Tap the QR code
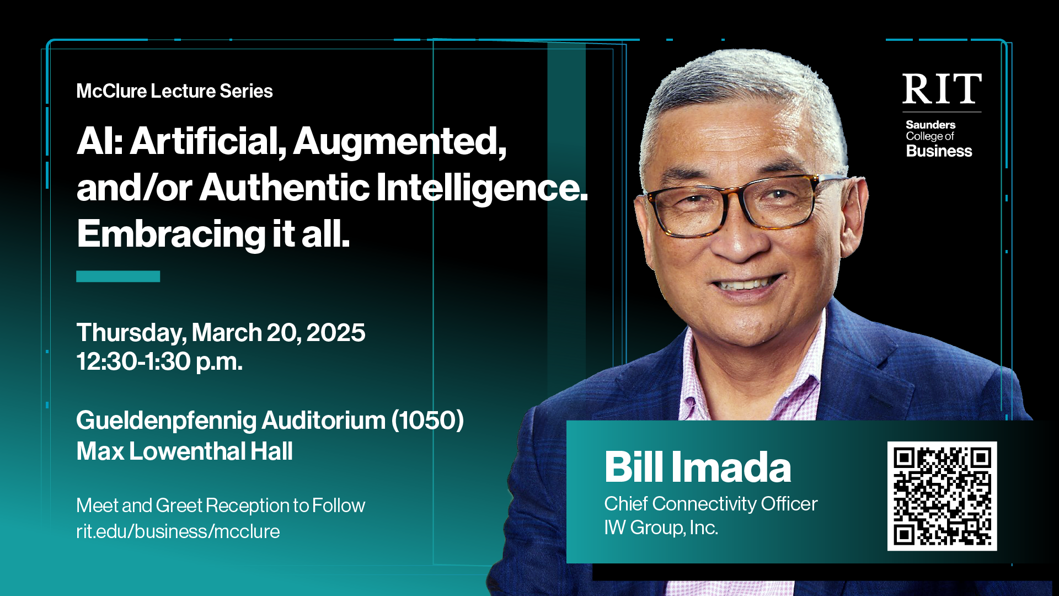pos(942,496)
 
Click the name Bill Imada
pos(698,467)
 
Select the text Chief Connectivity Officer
pos(711,504)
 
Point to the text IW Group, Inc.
pos(661,528)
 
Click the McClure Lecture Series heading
pos(174,91)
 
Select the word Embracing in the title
pos(171,235)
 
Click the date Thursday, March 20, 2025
pos(221,333)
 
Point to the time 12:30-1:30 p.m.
pos(159,361)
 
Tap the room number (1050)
pos(427,421)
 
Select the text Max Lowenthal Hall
pos(184,451)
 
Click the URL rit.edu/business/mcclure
pos(178,531)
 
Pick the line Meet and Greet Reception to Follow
pos(221,505)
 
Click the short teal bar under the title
pos(118,276)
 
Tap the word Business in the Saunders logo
pos(939,151)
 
